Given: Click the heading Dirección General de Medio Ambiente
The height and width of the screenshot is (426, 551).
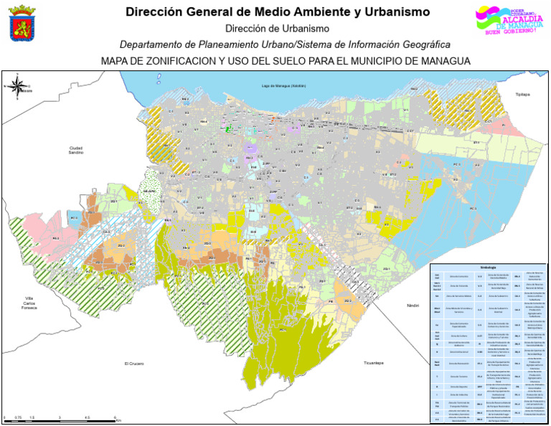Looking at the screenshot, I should (278, 12).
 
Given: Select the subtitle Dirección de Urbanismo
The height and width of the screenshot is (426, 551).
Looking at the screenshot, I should (278, 29).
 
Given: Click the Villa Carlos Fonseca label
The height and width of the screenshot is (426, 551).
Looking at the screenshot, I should (29, 303).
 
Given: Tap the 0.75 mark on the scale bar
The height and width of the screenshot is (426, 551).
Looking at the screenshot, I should (18, 417).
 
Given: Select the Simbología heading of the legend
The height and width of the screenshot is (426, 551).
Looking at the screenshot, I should (488, 268).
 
